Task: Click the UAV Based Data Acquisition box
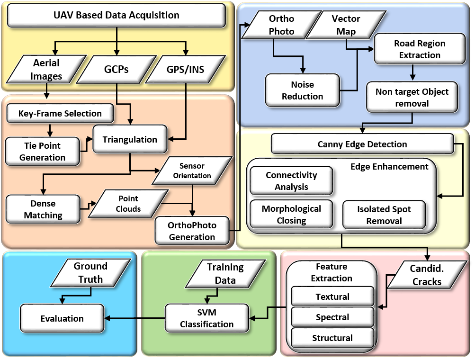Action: coord(116,15)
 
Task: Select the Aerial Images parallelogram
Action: coord(47,69)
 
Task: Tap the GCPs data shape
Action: coord(117,69)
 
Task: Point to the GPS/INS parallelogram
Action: coord(186,69)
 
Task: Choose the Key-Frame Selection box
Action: coord(60,114)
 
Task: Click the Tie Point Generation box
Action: coord(43,152)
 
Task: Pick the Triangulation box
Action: coord(130,139)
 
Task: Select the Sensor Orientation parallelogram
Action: coord(192,171)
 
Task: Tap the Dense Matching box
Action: coord(43,209)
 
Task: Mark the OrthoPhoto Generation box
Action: coord(191,231)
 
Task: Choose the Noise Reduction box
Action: coord(302,90)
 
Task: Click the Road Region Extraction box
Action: coord(419,49)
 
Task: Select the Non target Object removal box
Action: coord(412,97)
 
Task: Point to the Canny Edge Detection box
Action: coord(362,144)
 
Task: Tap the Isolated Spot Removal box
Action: coord(384,215)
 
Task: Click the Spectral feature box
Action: coord(332,317)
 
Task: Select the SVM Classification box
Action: coord(206,318)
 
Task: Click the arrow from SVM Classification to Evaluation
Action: coord(134,318)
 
